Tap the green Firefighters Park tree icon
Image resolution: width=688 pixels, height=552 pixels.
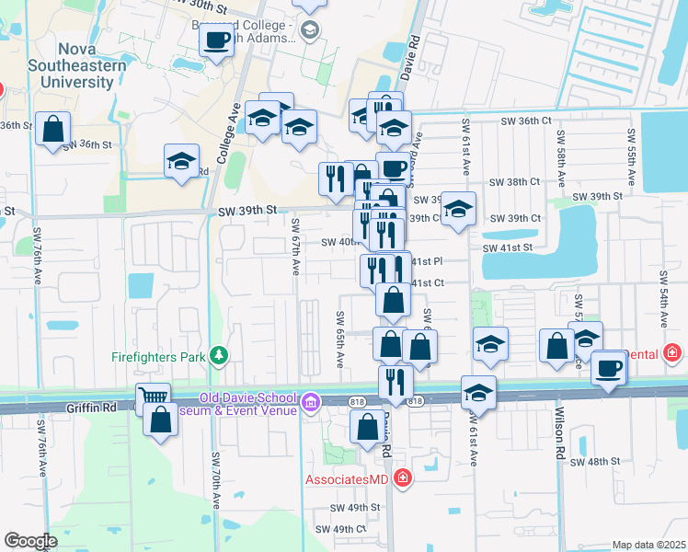(219, 355)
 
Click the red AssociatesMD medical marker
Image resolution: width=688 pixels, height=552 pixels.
(402, 478)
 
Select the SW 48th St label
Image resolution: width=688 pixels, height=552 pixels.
(596, 461)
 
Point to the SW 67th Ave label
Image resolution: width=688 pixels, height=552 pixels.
(296, 246)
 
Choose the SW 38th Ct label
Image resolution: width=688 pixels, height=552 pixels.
(515, 182)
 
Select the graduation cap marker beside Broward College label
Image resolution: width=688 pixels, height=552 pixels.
(310, 30)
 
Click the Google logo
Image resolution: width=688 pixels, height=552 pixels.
(30, 541)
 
